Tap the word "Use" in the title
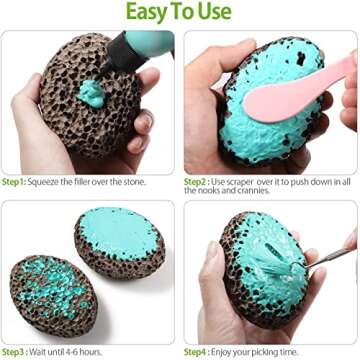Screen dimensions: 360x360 (x=215, y=11)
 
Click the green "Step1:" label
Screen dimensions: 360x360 (x=14, y=182)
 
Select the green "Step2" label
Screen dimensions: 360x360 (x=195, y=182)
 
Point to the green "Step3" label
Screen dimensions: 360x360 (x=13, y=352)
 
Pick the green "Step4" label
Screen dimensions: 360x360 (x=195, y=352)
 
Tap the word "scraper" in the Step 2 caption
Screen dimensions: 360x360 (x=240, y=182)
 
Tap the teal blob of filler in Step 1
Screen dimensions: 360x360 (x=91, y=94)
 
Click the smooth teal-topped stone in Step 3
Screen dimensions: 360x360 (x=119, y=237)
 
